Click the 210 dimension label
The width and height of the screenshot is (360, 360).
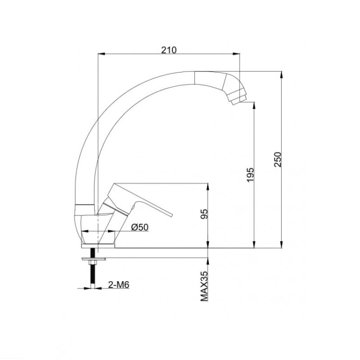pos(169,50)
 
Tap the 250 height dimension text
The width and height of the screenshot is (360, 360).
pos(277,159)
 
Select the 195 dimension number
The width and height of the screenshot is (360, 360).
pos(250,175)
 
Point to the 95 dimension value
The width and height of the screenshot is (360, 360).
pos(204,214)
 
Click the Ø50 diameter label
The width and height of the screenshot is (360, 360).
pos(140,227)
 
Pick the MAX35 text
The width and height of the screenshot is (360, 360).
pos(204,286)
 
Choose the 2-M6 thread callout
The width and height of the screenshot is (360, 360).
pos(119,285)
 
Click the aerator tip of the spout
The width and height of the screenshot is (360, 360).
pos(238,100)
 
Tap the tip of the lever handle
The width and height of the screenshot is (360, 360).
pos(171,215)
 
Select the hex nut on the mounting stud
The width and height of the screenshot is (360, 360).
pos(93,263)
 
